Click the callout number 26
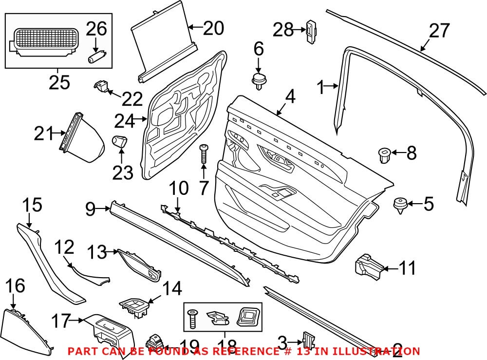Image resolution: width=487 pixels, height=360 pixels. (x=96, y=29)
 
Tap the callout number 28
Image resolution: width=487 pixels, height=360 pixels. (x=283, y=30)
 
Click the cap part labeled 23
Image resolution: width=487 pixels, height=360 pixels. (x=120, y=142)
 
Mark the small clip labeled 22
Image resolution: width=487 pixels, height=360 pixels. (x=100, y=86)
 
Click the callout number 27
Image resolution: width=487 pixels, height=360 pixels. (x=440, y=31)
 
